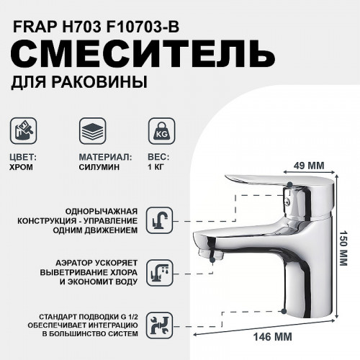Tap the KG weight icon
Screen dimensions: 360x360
158,132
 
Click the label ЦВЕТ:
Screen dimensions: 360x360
26,156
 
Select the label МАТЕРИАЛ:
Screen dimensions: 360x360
104,156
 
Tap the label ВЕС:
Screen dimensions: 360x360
157,156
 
